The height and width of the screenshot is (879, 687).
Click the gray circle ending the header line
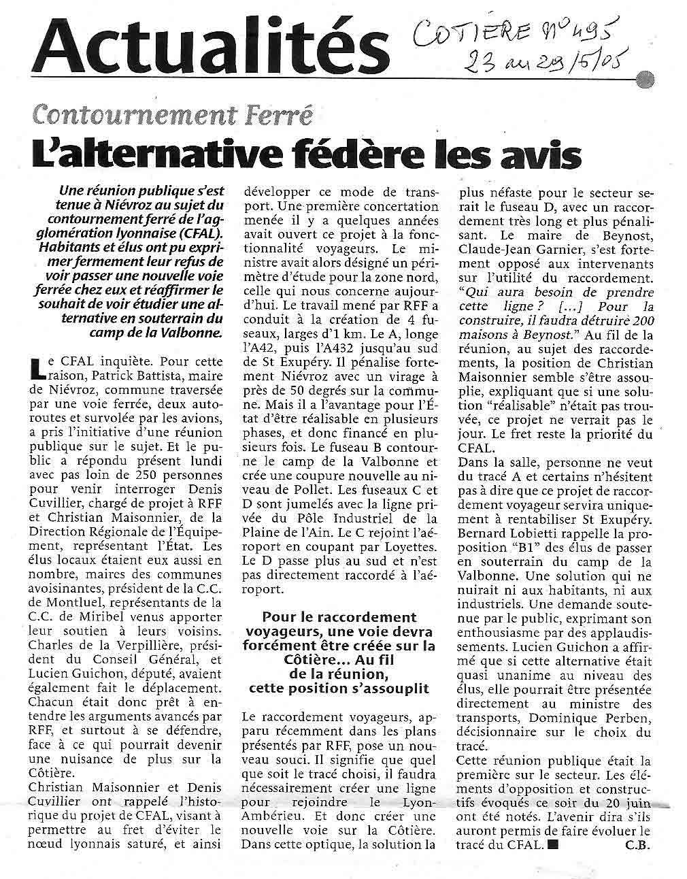646,80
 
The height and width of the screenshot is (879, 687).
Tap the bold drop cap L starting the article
37,367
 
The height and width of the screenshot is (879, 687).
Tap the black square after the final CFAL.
552,846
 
